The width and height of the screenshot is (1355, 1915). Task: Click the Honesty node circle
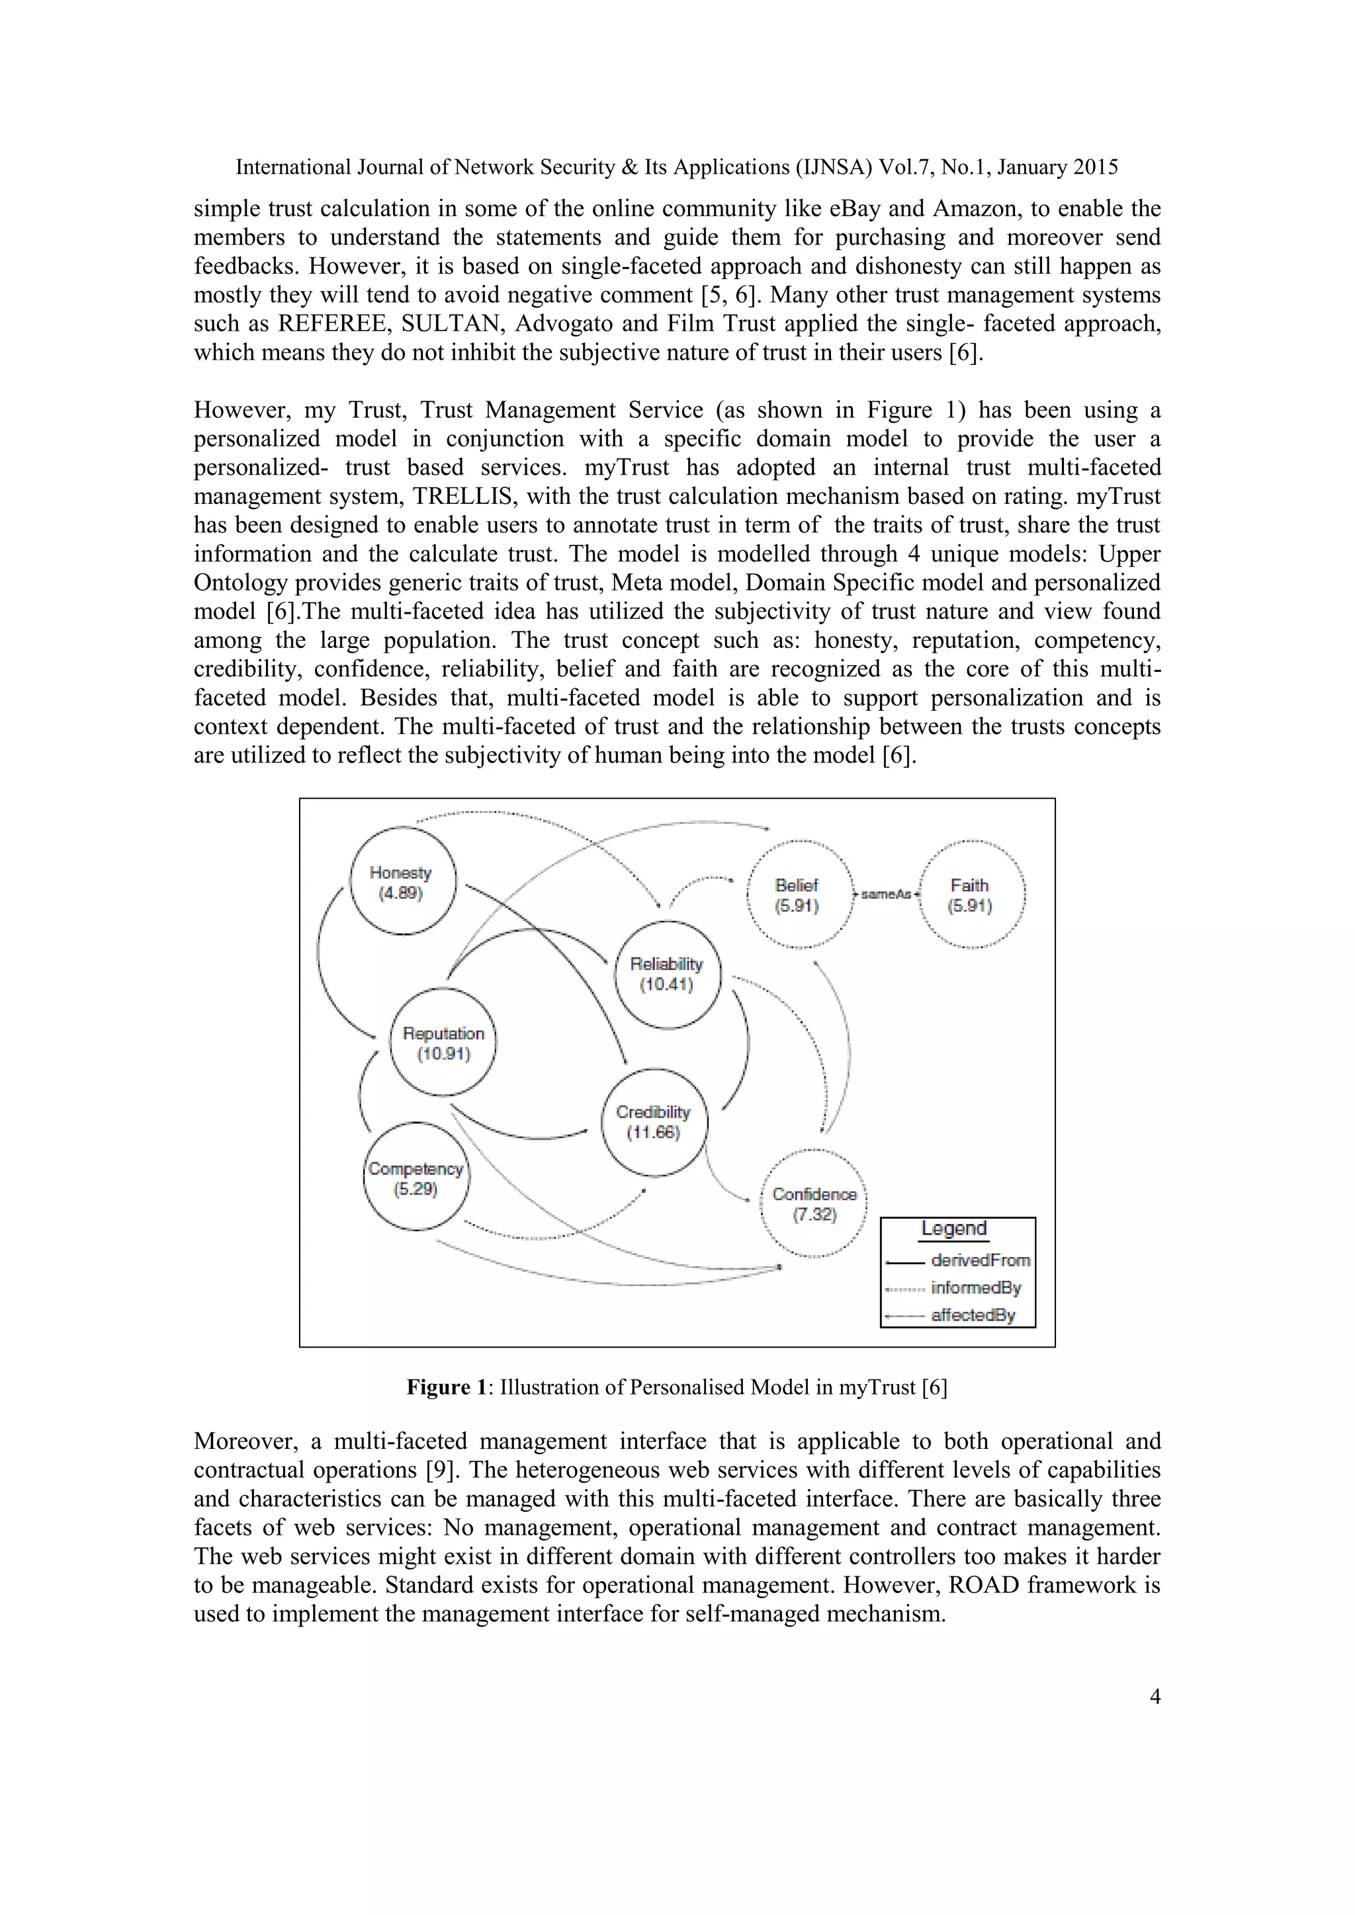[402, 881]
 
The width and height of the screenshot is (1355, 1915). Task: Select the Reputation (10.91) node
[443, 1043]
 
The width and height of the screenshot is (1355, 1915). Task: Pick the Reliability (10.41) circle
[667, 974]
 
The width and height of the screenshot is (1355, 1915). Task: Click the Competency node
[416, 1178]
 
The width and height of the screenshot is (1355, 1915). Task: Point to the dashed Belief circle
[799, 895]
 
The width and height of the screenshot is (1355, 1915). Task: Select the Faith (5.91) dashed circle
[971, 895]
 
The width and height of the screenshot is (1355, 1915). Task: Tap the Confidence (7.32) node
[814, 1203]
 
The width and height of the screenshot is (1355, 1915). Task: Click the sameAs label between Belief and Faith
[885, 894]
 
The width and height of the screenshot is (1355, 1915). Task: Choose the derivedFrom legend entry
[980, 1260]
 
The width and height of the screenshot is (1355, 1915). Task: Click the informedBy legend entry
[975, 1287]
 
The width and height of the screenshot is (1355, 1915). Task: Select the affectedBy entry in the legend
[973, 1315]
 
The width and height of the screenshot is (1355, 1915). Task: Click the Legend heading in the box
[953, 1229]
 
